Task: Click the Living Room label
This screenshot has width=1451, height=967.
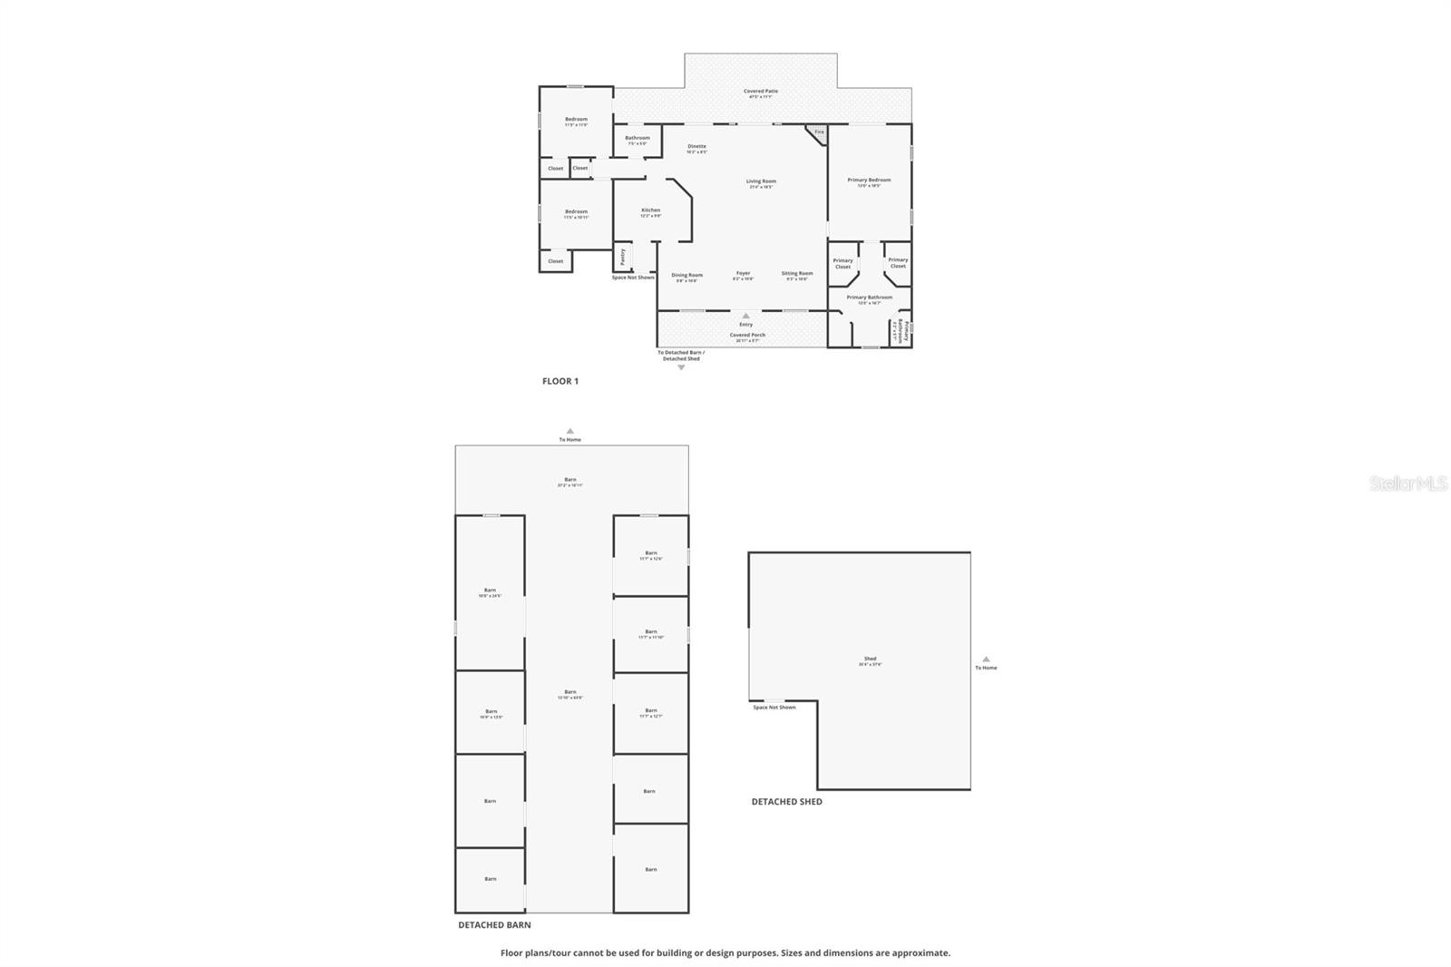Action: [x=761, y=181]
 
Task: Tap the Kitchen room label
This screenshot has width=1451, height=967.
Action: [x=651, y=210]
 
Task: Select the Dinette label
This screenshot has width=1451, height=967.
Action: [x=696, y=146]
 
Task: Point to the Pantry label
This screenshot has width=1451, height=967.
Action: [x=623, y=257]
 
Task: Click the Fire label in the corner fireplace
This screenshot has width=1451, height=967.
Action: [x=819, y=132]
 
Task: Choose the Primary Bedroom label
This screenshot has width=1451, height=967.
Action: [x=869, y=181]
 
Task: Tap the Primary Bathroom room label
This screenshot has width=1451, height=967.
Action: [x=869, y=298]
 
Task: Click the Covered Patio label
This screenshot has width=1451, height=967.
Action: [x=761, y=91]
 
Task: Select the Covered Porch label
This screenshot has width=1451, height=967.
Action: [x=747, y=336]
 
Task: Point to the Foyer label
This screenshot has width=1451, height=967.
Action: [x=743, y=273]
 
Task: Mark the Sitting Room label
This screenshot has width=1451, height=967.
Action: [x=797, y=273]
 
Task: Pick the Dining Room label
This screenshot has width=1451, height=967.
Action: [x=687, y=275]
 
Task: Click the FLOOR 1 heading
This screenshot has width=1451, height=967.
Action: [x=560, y=382]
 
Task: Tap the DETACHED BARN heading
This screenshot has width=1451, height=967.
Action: [x=494, y=925]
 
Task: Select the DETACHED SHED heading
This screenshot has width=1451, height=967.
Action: [x=786, y=802]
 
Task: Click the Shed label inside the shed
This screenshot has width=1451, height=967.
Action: [x=870, y=659]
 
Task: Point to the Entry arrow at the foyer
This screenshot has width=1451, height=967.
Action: [x=745, y=316]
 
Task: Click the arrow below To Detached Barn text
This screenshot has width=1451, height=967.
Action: [x=681, y=367]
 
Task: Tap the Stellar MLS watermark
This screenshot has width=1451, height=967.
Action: [x=1408, y=484]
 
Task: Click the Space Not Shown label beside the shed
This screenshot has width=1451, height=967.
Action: [x=774, y=708]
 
